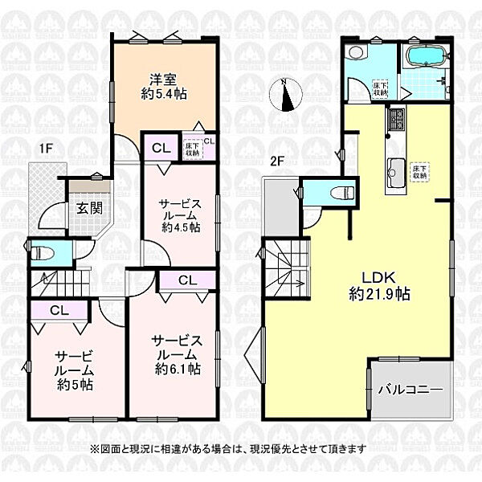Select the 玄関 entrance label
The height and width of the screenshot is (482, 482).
(x=88, y=208)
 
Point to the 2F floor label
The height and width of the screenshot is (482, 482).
(x=277, y=161)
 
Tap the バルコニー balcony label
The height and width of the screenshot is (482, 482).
(x=411, y=390)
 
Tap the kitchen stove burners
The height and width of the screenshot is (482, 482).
(x=396, y=121)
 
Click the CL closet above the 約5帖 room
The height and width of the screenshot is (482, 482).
(x=58, y=310)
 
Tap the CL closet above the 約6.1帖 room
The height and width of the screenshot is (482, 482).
(x=186, y=280)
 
